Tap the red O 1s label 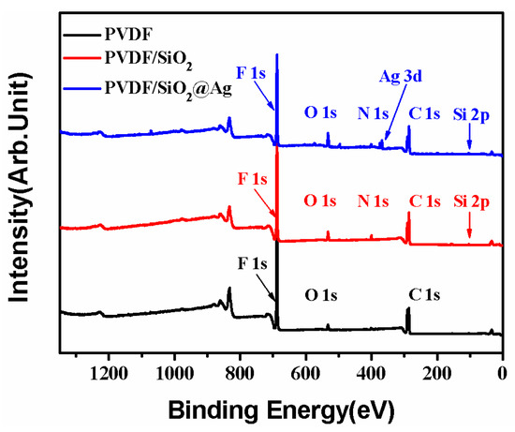click(319, 201)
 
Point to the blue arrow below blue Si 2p click(469, 140)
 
